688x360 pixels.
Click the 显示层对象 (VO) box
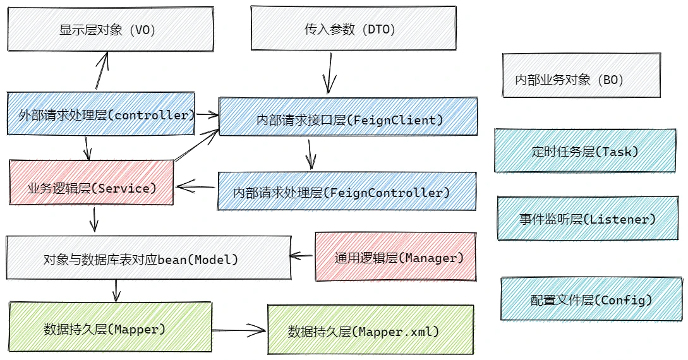coord(111,29)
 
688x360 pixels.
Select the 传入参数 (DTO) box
coord(353,28)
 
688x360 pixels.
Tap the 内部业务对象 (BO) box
coord(581,75)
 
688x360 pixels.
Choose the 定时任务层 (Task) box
coord(585,150)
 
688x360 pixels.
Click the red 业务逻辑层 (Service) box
coord(91,183)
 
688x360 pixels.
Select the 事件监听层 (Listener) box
coord(588,218)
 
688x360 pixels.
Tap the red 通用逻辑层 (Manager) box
coord(395,256)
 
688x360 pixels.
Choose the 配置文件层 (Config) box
coord(591,299)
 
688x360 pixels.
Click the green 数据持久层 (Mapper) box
coord(110,327)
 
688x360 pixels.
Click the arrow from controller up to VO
coord(102,70)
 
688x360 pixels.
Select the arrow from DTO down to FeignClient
coord(329,73)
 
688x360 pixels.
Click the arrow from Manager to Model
coord(301,256)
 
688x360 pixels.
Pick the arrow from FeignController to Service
coord(196,187)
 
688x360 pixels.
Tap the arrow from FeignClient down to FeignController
coord(310,154)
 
